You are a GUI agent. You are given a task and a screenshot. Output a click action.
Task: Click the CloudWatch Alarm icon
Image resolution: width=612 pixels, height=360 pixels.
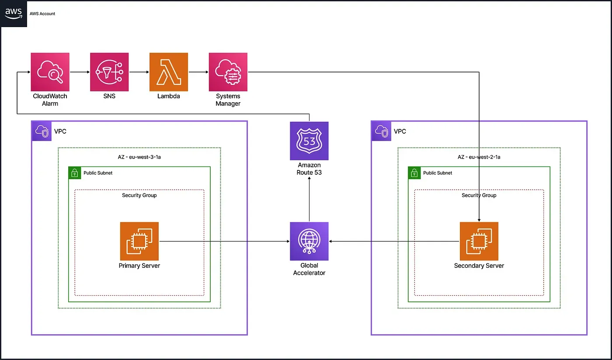(x=50, y=72)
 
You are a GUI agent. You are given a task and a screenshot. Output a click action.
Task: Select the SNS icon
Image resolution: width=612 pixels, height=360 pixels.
(x=109, y=72)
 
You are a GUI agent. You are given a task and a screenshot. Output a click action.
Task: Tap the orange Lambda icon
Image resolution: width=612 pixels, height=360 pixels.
(x=169, y=72)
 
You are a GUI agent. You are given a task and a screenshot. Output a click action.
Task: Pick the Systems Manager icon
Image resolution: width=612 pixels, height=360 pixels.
(x=228, y=72)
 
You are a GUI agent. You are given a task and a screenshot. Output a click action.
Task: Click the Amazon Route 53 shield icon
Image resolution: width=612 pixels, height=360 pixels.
(x=309, y=141)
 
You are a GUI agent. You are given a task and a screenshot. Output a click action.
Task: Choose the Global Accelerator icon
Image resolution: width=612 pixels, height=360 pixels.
(x=309, y=241)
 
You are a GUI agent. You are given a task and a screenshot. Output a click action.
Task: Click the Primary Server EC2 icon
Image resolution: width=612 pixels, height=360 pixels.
(x=139, y=241)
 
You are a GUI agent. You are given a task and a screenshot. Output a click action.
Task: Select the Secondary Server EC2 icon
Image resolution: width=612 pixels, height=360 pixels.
(x=479, y=241)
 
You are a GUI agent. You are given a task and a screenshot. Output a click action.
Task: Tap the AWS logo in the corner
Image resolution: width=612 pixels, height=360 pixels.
(x=14, y=14)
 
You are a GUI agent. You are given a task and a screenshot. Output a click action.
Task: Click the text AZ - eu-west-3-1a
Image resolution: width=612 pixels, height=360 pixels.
(x=139, y=157)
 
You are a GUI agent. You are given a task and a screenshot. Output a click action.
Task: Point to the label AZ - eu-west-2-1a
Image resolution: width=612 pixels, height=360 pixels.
(x=479, y=157)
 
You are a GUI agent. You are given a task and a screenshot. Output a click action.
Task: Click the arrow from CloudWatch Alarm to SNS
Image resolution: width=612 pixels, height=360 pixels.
(x=80, y=72)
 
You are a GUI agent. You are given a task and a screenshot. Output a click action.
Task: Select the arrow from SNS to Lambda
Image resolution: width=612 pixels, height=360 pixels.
(x=139, y=72)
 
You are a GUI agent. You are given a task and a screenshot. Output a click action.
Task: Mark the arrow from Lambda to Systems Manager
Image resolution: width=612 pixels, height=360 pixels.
(x=198, y=72)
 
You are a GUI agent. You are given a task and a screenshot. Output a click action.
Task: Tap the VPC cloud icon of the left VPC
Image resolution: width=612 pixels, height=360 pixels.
(x=42, y=131)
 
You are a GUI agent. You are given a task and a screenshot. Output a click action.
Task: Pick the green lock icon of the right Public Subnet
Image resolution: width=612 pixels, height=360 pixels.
(x=414, y=173)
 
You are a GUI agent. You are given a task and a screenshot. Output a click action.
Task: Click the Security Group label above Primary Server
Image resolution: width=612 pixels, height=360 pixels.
(x=139, y=195)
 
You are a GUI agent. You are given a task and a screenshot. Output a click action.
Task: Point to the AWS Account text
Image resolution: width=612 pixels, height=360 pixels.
(x=42, y=14)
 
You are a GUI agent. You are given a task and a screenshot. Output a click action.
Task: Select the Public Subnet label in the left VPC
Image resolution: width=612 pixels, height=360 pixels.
(x=98, y=173)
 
